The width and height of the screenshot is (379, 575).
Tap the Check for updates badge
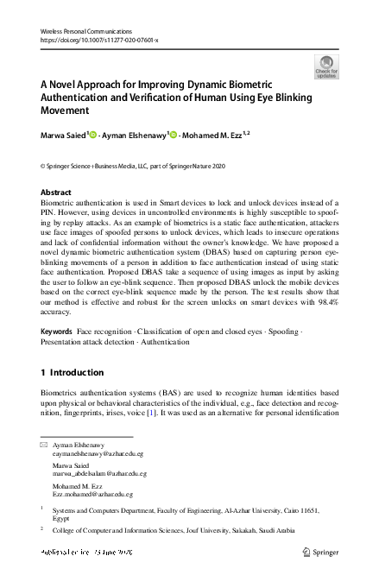coord(326,66)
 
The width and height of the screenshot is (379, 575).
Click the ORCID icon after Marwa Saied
coord(93,135)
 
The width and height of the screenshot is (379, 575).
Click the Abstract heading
coord(56,193)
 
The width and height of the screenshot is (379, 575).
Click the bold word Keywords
coord(56,331)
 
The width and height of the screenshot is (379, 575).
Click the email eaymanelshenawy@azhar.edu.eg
coord(98,453)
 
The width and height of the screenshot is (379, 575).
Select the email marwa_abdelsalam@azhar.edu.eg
coord(100,474)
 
